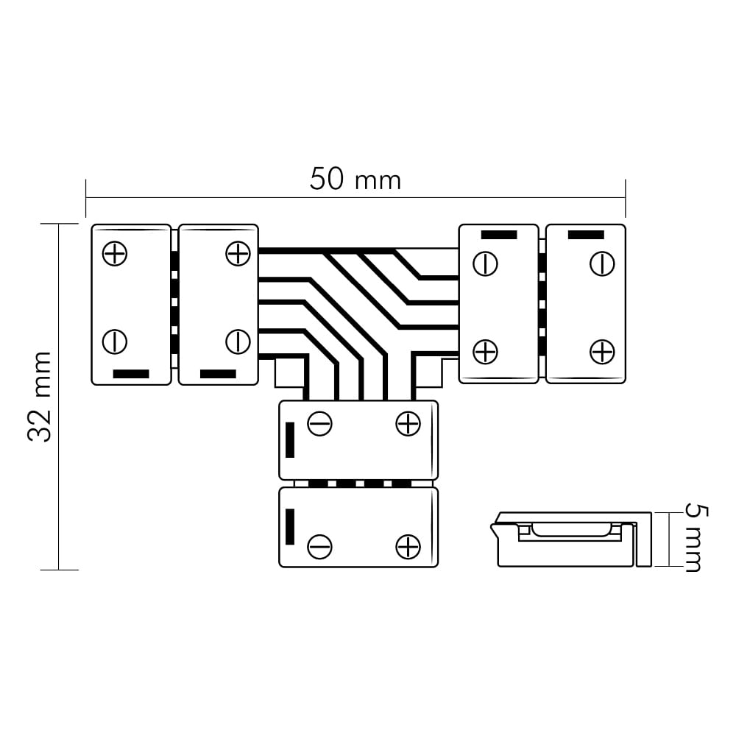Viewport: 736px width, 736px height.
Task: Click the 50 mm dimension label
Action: pyautogui.click(x=355, y=180)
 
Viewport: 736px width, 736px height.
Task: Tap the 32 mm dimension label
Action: pyautogui.click(x=40, y=397)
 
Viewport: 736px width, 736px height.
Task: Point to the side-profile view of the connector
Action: pyautogui.click(x=571, y=539)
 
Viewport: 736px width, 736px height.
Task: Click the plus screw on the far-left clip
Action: pyautogui.click(x=115, y=254)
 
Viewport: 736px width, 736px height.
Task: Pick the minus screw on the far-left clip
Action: pyautogui.click(x=115, y=342)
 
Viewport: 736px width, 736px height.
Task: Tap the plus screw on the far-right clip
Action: pyautogui.click(x=602, y=352)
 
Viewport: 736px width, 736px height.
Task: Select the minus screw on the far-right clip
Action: pyautogui.click(x=602, y=263)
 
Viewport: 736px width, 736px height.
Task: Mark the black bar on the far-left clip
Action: pyautogui.click(x=131, y=374)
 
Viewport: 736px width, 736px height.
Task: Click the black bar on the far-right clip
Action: pyautogui.click(x=586, y=235)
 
